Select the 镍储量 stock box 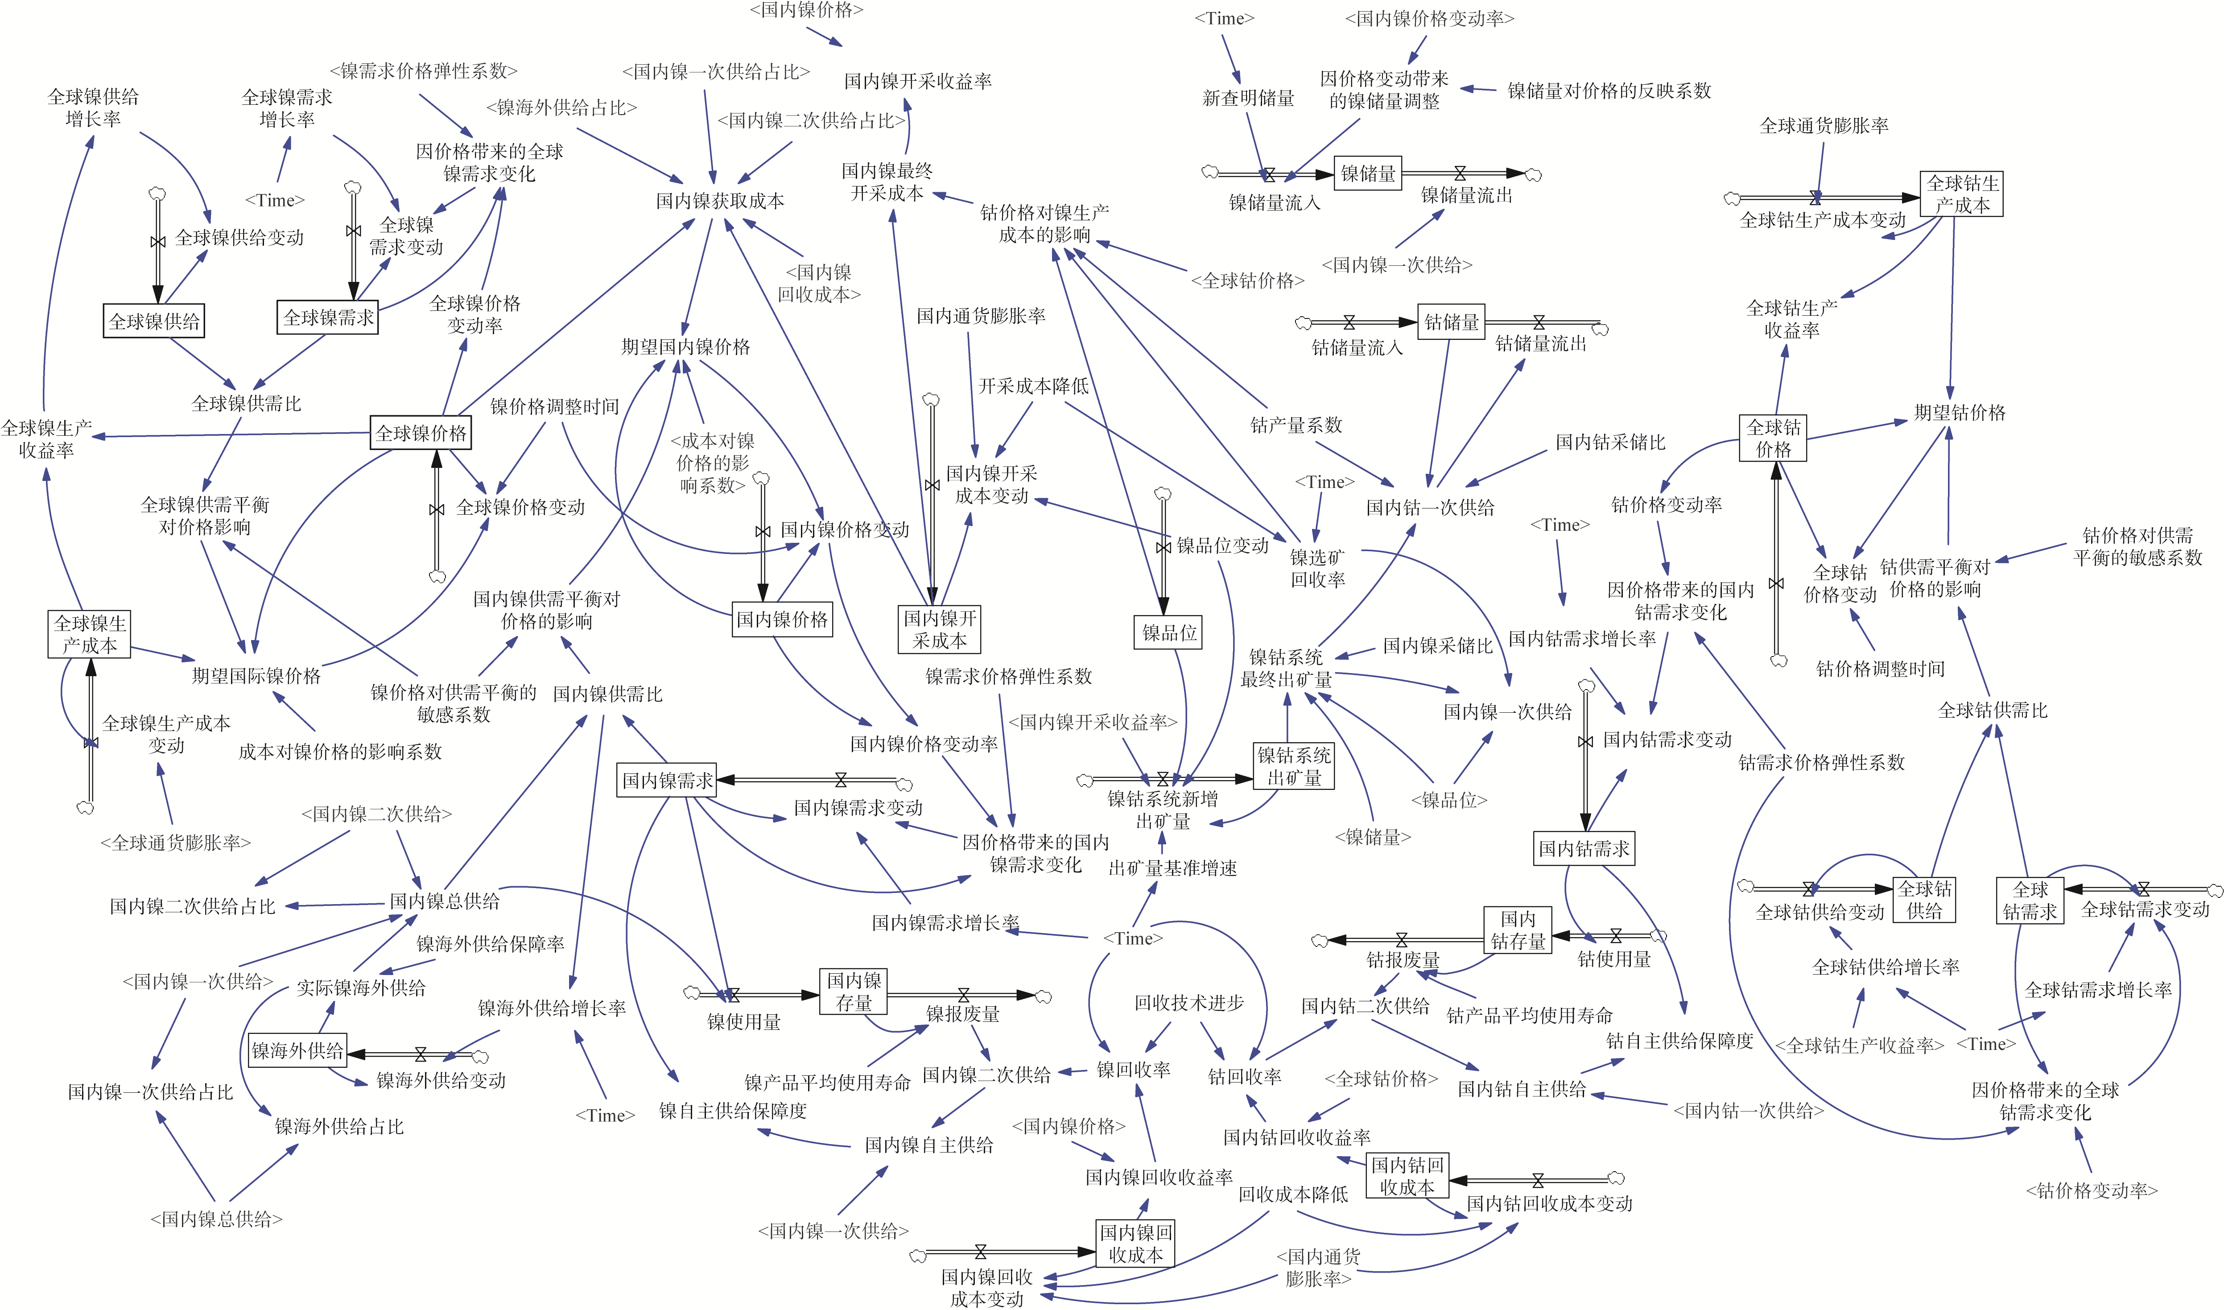[x=1368, y=174]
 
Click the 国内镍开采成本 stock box [x=940, y=628]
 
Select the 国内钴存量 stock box [x=1518, y=930]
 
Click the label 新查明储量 [x=1249, y=98]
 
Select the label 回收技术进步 [x=1189, y=1003]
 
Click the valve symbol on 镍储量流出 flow [x=1460, y=173]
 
